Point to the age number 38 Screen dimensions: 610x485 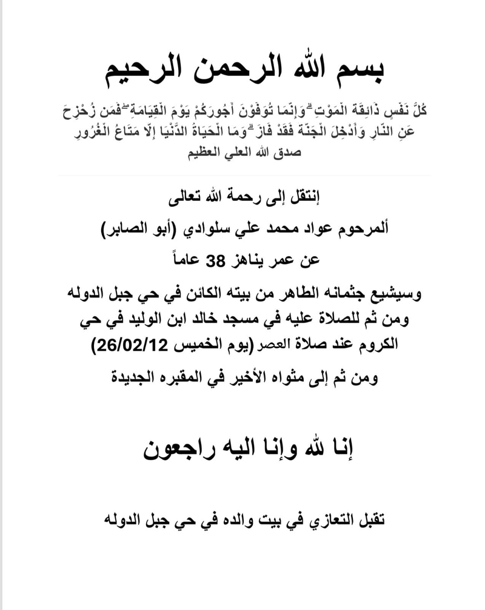(211, 260)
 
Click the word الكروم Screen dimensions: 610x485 (375, 347)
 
